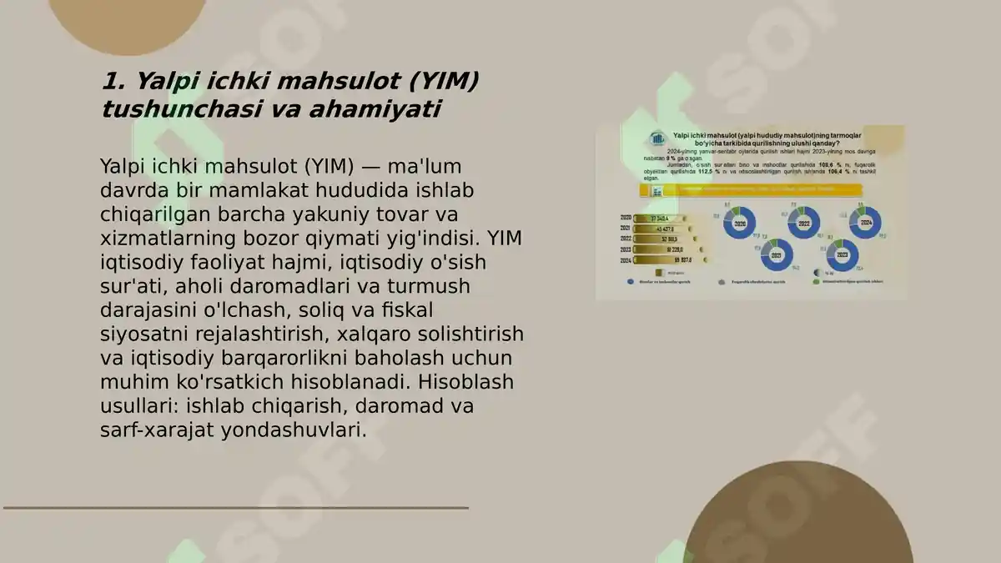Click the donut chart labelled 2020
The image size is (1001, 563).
tap(739, 224)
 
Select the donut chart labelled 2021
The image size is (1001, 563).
tap(777, 255)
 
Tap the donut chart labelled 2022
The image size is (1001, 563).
tap(804, 224)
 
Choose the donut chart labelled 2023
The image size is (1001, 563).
tap(842, 255)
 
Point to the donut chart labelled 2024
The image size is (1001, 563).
tap(865, 223)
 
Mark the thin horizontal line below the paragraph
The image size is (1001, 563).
tap(235, 507)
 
